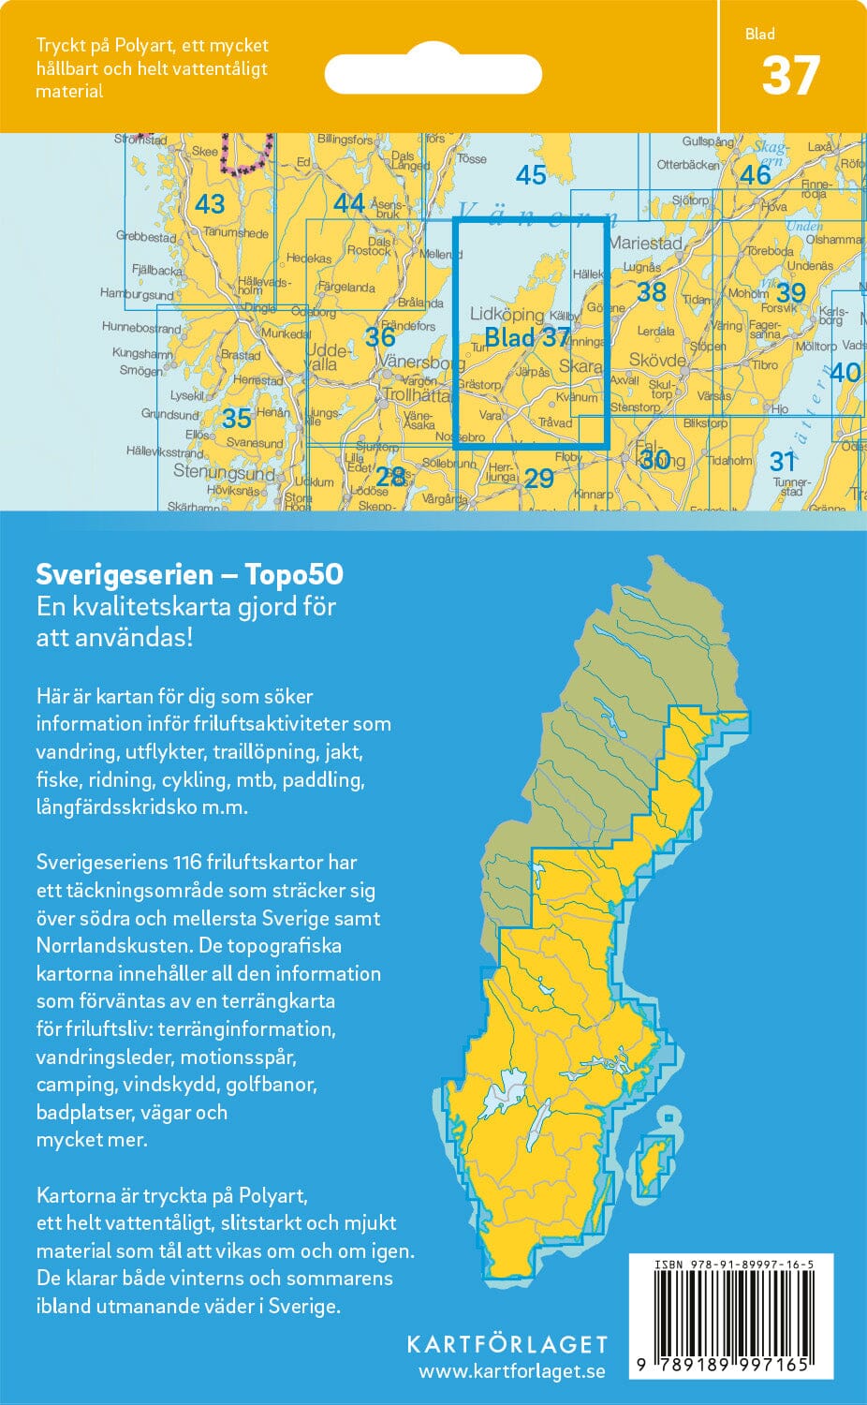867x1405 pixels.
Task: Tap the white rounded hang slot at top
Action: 433,73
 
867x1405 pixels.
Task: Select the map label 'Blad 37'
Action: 527,338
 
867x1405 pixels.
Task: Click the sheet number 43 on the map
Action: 210,204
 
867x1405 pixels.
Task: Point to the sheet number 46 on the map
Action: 755,175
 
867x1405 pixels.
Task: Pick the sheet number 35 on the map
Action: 237,418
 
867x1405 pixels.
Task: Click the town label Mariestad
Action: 645,243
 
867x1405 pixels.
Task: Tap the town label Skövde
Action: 657,361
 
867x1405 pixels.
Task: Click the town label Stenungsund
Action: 223,472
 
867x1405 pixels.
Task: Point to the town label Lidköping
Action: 507,315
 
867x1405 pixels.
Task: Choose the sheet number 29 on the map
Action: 538,479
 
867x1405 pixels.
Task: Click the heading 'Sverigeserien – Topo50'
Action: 189,573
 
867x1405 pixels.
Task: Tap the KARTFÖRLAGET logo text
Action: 507,1344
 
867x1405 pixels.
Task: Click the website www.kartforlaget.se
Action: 511,1371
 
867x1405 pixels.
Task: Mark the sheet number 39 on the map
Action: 790,293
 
